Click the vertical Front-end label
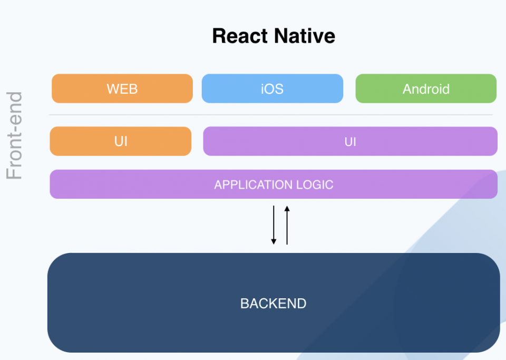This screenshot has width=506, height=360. (x=15, y=135)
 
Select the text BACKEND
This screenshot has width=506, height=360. (x=273, y=304)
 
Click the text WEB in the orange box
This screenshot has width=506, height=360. (x=122, y=89)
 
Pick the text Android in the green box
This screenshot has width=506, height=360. (x=426, y=89)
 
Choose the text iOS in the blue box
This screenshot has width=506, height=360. (x=272, y=89)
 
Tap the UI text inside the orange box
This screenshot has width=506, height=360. (x=121, y=141)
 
